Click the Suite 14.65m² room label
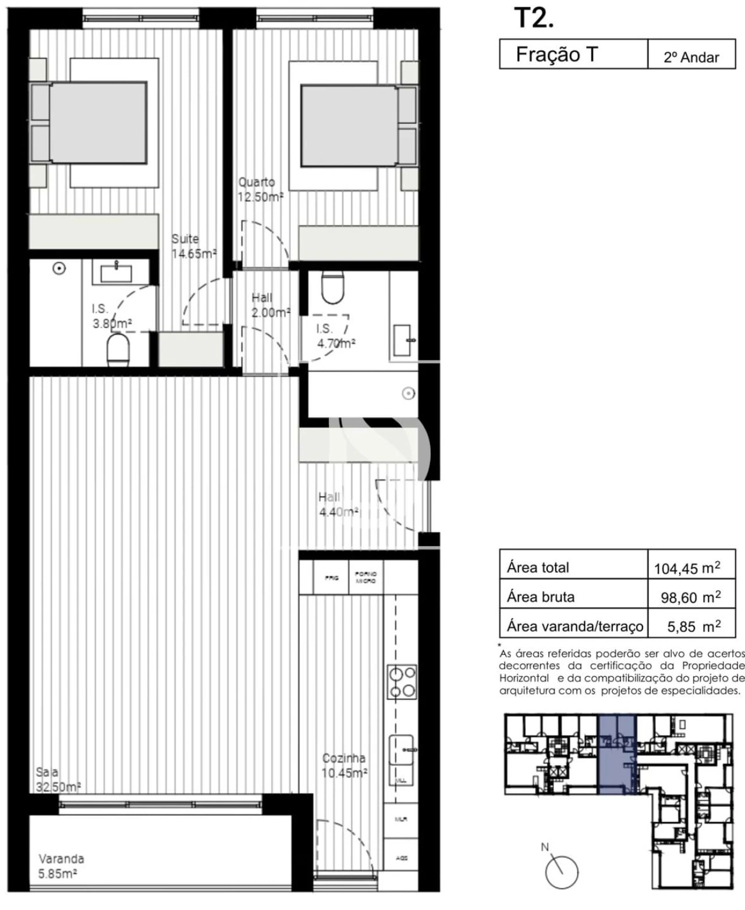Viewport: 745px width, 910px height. click(x=193, y=247)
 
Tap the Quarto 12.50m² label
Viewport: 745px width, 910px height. click(x=260, y=190)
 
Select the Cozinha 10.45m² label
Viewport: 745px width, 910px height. click(x=344, y=766)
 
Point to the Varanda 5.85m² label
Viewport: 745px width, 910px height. click(x=61, y=866)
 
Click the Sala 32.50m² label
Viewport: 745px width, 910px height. click(x=57, y=780)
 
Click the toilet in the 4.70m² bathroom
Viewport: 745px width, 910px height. click(x=333, y=287)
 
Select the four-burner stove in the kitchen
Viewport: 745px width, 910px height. click(x=402, y=681)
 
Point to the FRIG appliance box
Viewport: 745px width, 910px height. click(x=331, y=578)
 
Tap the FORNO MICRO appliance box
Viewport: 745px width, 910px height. click(x=366, y=577)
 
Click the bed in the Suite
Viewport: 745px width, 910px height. click(x=98, y=123)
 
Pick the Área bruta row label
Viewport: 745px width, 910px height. click(x=541, y=597)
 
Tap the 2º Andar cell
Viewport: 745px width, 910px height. click(x=691, y=57)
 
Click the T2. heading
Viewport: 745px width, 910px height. click(x=533, y=19)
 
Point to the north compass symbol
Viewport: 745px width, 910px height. click(x=561, y=872)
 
